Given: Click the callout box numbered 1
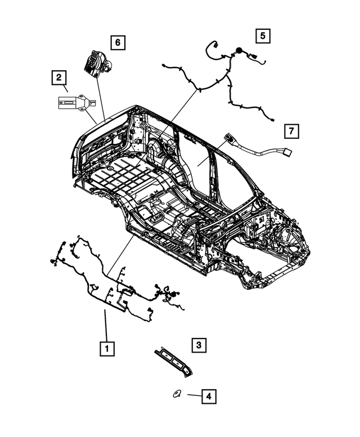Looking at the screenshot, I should tap(107, 348).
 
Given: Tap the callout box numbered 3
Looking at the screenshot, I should tap(197, 345).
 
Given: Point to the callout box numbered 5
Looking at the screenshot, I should tap(262, 35).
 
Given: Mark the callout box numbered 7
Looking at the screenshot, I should tap(291, 132).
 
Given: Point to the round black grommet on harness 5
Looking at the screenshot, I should tap(239, 51).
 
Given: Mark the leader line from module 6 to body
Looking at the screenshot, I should tap(100, 96).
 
